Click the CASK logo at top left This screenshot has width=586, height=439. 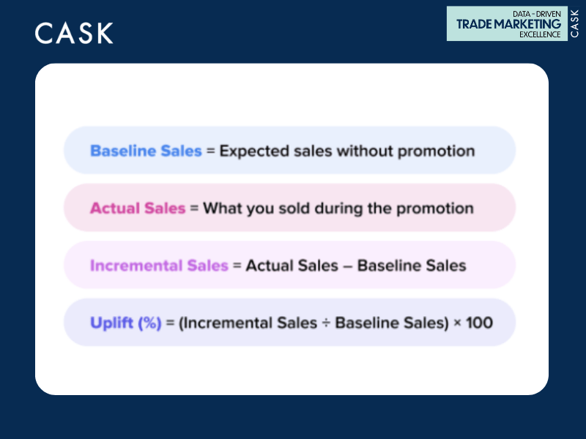pyautogui.click(x=74, y=33)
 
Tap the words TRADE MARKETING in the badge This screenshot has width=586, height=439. pyautogui.click(x=508, y=24)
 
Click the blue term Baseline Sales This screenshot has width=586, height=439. pyautogui.click(x=145, y=151)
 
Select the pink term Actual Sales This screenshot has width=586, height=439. pyautogui.click(x=137, y=208)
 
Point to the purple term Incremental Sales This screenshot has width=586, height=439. pyautogui.click(x=158, y=265)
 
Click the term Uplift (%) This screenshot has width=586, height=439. pyautogui.click(x=125, y=322)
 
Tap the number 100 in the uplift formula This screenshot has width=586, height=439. pyautogui.click(x=479, y=322)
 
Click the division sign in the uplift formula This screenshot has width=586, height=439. pyautogui.click(x=326, y=322)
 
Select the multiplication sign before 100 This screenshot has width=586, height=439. pyautogui.click(x=457, y=322)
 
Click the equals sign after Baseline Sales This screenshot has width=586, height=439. pyautogui.click(x=210, y=151)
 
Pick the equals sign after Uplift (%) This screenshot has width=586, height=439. pyautogui.click(x=170, y=322)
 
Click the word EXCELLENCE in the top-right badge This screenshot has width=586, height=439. pyautogui.click(x=539, y=34)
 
